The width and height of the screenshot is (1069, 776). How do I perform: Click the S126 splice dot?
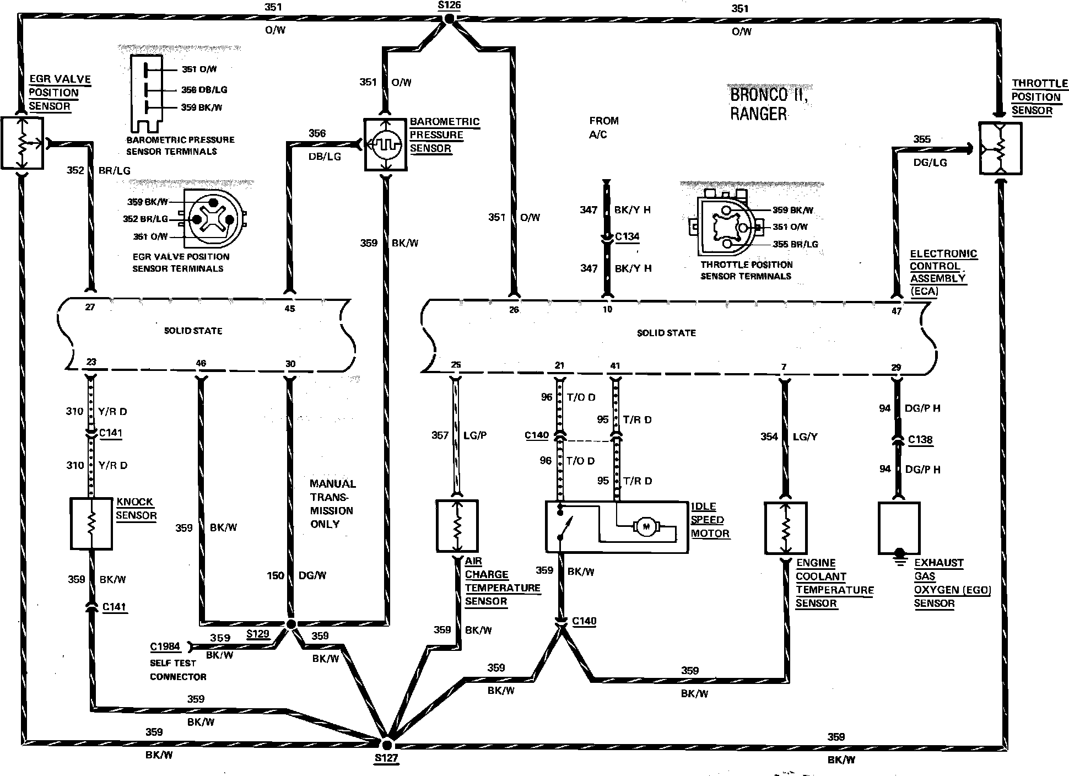pos(449,19)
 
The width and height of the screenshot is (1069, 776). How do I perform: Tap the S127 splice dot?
pos(387,742)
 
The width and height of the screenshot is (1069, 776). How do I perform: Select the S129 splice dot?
pos(291,623)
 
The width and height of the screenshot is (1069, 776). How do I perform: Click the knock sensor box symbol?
pos(91,524)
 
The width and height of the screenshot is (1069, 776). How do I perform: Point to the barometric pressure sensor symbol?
pos(385,145)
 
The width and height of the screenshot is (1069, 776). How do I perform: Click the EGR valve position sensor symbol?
pos(22,143)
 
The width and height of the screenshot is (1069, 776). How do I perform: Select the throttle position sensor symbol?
pos(1000,148)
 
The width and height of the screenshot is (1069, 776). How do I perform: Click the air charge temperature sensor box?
pos(457,526)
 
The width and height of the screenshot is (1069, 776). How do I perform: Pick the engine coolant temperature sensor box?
pos(785,527)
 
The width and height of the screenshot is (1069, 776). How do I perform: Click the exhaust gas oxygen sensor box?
pos(899,527)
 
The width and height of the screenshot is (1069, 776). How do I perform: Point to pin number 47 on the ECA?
pos(897,311)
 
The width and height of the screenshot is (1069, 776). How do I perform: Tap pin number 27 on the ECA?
pos(90,307)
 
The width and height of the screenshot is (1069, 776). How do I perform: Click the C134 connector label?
pos(627,237)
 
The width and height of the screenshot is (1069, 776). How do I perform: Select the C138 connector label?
pos(920,440)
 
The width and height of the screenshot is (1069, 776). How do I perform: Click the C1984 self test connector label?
pos(165,647)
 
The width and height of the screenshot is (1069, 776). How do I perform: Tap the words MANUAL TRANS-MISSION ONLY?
pos(332,504)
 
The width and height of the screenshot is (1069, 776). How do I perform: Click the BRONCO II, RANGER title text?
pos(769,104)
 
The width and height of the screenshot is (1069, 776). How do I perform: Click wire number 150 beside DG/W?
pos(276,576)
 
